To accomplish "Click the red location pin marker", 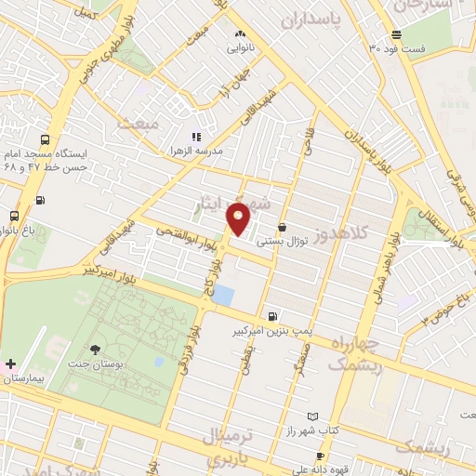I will [238, 219].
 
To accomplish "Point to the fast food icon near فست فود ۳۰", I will [397, 34].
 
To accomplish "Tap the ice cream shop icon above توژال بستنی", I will [281, 227].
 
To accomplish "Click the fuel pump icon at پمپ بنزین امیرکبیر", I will [271, 316].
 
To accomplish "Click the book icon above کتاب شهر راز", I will [312, 416].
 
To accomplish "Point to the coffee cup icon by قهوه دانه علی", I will [320, 456].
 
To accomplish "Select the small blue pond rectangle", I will [223, 296].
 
